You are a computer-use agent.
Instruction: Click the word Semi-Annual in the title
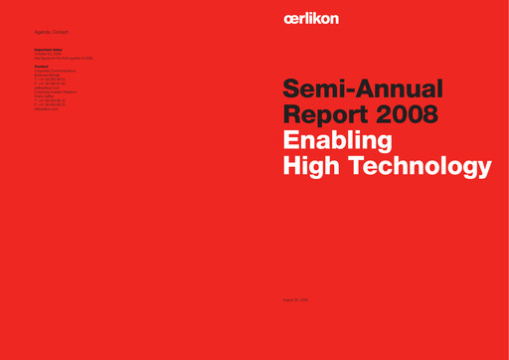[365, 90]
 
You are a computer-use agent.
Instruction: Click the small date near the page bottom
[297, 298]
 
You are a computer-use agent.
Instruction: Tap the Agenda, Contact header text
[51, 33]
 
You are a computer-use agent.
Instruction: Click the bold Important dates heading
[49, 49]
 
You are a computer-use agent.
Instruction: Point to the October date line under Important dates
[48, 54]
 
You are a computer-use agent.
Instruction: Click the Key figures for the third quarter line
[63, 59]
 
